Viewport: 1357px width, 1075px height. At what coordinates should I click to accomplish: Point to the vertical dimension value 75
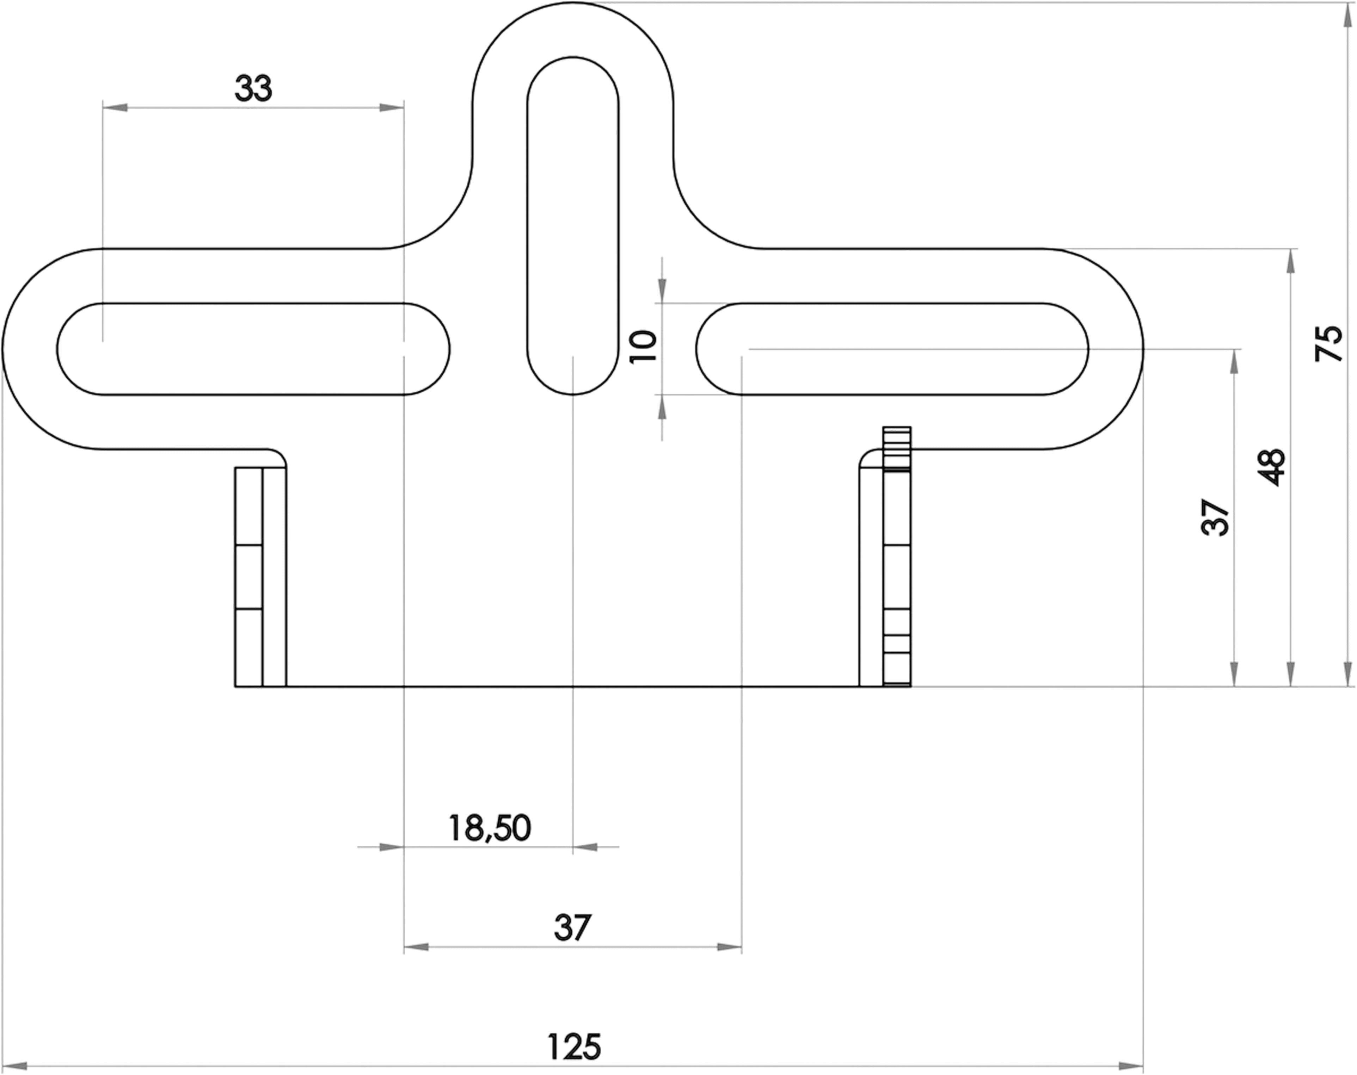click(1329, 343)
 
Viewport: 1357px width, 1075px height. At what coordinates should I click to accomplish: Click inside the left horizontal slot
click(253, 349)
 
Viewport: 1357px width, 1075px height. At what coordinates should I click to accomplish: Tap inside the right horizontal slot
click(892, 349)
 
